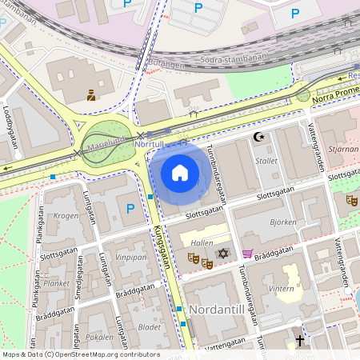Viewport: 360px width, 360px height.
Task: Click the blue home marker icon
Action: click(x=180, y=172)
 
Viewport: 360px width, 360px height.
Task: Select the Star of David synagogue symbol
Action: click(x=223, y=254)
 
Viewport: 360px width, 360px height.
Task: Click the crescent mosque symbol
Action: click(x=258, y=137)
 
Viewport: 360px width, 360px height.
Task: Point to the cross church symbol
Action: click(x=300, y=341)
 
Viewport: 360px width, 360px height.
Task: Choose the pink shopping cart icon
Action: click(x=248, y=254)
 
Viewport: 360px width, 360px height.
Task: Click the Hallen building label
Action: click(x=202, y=241)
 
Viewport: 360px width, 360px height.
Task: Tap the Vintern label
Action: click(x=282, y=289)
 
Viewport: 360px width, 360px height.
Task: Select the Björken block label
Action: click(x=283, y=222)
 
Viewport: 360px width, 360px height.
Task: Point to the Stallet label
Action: click(x=266, y=161)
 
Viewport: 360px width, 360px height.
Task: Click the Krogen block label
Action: click(x=66, y=216)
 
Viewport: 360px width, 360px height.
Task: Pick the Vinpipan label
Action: click(x=130, y=258)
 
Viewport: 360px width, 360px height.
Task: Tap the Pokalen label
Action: click(x=99, y=337)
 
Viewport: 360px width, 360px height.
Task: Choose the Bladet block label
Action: click(x=150, y=326)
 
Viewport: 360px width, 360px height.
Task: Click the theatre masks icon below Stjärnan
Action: click(x=351, y=199)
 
